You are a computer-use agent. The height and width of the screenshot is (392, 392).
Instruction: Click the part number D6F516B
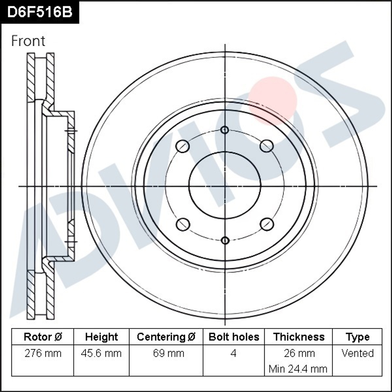40,12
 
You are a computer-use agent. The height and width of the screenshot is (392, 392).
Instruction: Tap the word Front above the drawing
28,41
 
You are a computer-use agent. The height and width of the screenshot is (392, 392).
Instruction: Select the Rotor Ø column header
43,337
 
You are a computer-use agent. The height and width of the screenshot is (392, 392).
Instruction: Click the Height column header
102,337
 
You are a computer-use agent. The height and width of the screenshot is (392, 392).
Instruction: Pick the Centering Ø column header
166,337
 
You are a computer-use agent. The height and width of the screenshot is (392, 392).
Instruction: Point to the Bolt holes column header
234,337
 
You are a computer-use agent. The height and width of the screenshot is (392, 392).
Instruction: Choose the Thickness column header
299,337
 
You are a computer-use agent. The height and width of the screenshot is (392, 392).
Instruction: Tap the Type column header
357,337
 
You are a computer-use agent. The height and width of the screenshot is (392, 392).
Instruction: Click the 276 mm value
43,353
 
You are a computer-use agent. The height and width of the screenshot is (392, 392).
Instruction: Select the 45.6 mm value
102,353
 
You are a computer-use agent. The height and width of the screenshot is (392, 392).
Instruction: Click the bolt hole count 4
234,353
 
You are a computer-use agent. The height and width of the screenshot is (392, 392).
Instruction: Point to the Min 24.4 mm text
299,368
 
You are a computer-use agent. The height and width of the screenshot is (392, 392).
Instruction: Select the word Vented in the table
357,353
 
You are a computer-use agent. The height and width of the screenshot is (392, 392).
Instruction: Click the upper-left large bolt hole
183,147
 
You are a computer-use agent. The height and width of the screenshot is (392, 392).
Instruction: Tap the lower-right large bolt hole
267,224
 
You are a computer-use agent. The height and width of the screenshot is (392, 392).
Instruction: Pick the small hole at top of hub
225,130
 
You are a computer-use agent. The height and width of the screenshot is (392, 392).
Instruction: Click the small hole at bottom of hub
225,240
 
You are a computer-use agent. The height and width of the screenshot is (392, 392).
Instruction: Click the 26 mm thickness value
299,353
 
